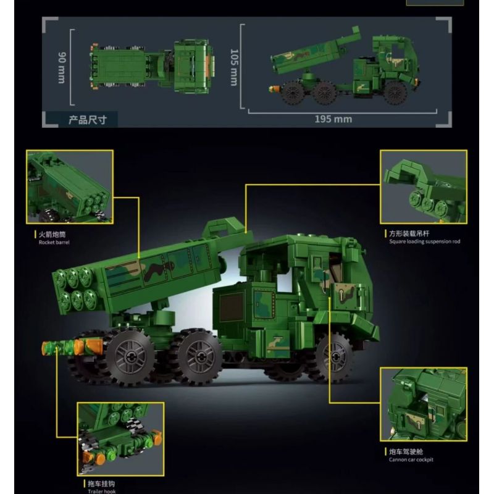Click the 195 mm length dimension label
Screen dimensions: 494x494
coord(334,119)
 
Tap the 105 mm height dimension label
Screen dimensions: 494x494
coord(234,67)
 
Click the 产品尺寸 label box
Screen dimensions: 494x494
coord(87,119)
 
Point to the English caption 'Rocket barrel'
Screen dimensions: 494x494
coord(52,243)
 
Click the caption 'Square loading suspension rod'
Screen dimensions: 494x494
coord(424,241)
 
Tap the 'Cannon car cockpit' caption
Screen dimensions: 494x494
coord(411,459)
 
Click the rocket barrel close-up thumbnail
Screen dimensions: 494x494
coord(70,186)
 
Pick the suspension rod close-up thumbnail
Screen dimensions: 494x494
coord(423,186)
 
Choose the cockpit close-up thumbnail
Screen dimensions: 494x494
coord(423,404)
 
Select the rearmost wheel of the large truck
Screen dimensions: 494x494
coord(130,356)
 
